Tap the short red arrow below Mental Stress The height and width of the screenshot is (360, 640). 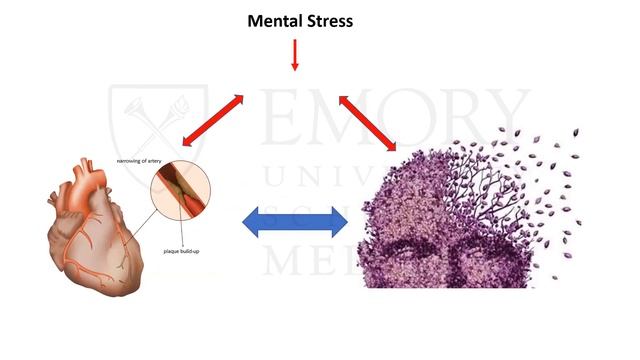click(x=295, y=55)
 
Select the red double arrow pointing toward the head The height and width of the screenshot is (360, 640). click(x=371, y=123)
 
